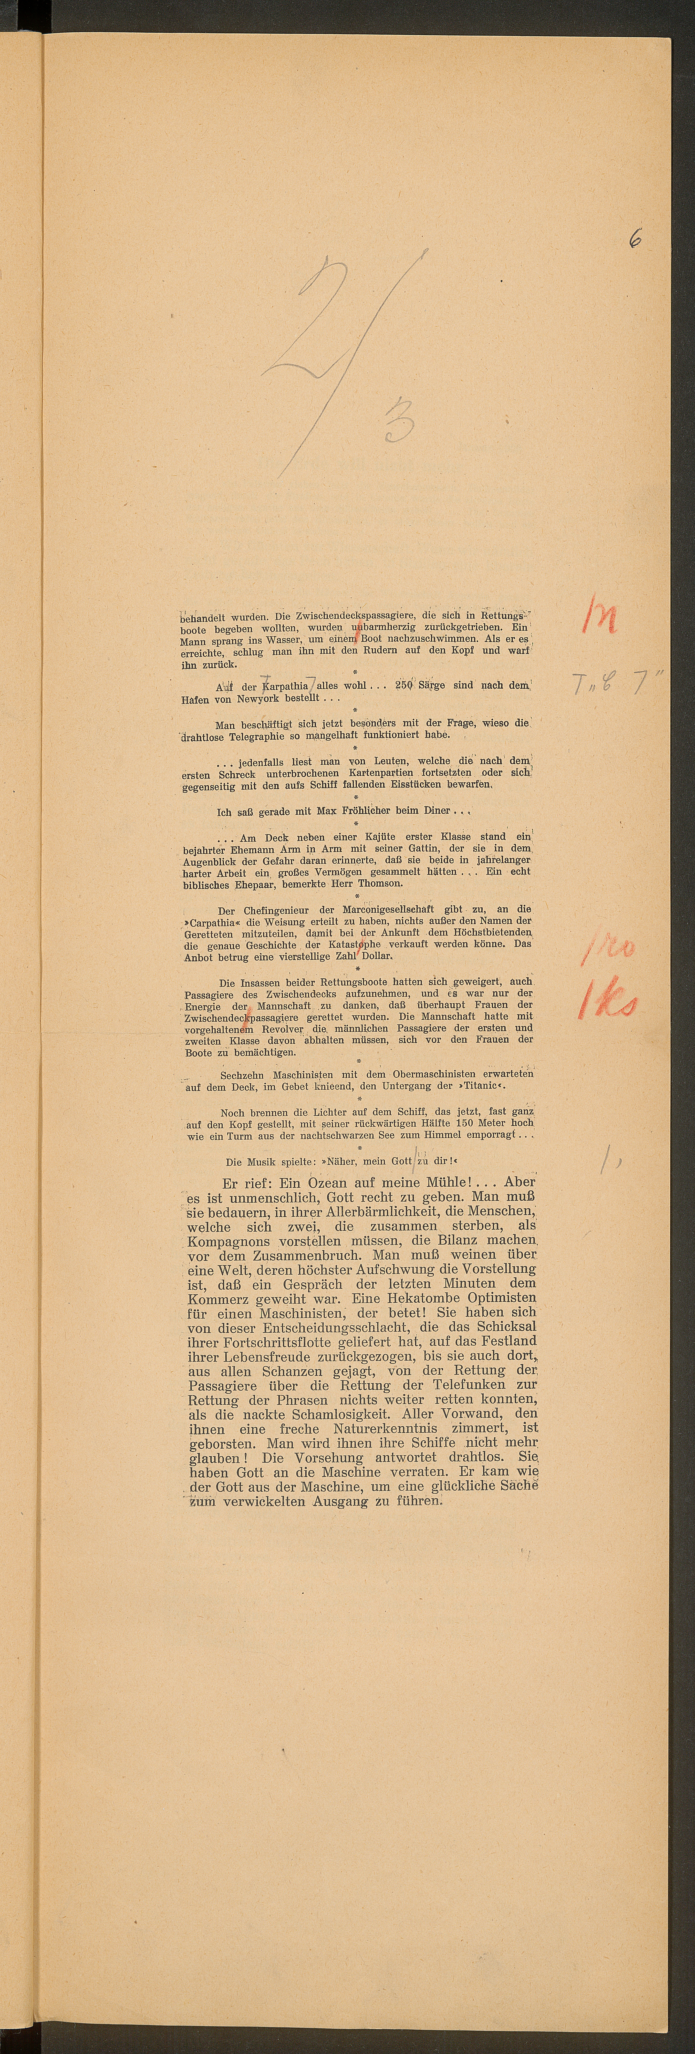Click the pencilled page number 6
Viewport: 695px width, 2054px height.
tap(635, 239)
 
